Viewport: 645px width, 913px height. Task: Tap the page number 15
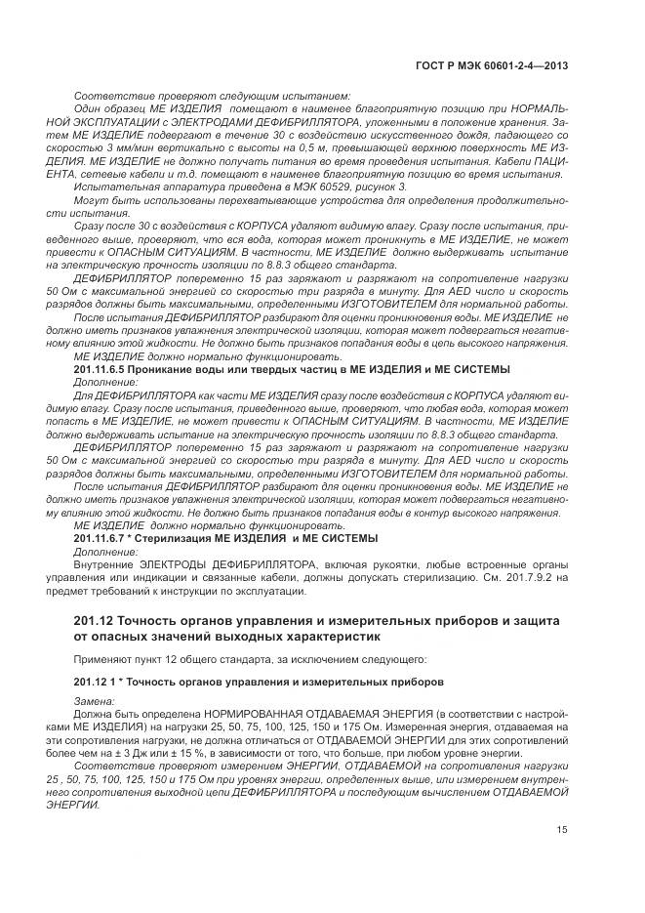pyautogui.click(x=562, y=830)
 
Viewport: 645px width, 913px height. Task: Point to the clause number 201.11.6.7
pyautogui.click(x=103, y=538)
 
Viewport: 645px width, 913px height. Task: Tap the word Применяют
pyautogui.click(x=102, y=660)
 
